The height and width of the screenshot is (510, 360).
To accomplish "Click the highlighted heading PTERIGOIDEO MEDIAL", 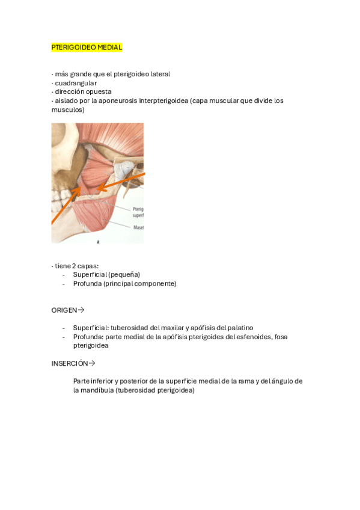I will [x=87, y=47].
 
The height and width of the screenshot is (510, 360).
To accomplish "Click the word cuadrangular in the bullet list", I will [x=76, y=83].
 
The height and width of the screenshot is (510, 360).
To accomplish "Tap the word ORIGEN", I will [x=64, y=310].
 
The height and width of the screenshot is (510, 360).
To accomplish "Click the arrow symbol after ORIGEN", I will [x=81, y=310].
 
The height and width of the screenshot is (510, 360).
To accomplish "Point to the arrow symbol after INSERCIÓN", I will [x=92, y=363].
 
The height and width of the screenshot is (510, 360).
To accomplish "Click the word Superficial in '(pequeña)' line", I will [x=90, y=274].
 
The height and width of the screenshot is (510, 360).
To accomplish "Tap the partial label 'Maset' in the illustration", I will [x=138, y=227].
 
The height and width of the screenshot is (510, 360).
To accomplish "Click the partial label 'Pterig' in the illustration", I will [x=138, y=209].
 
